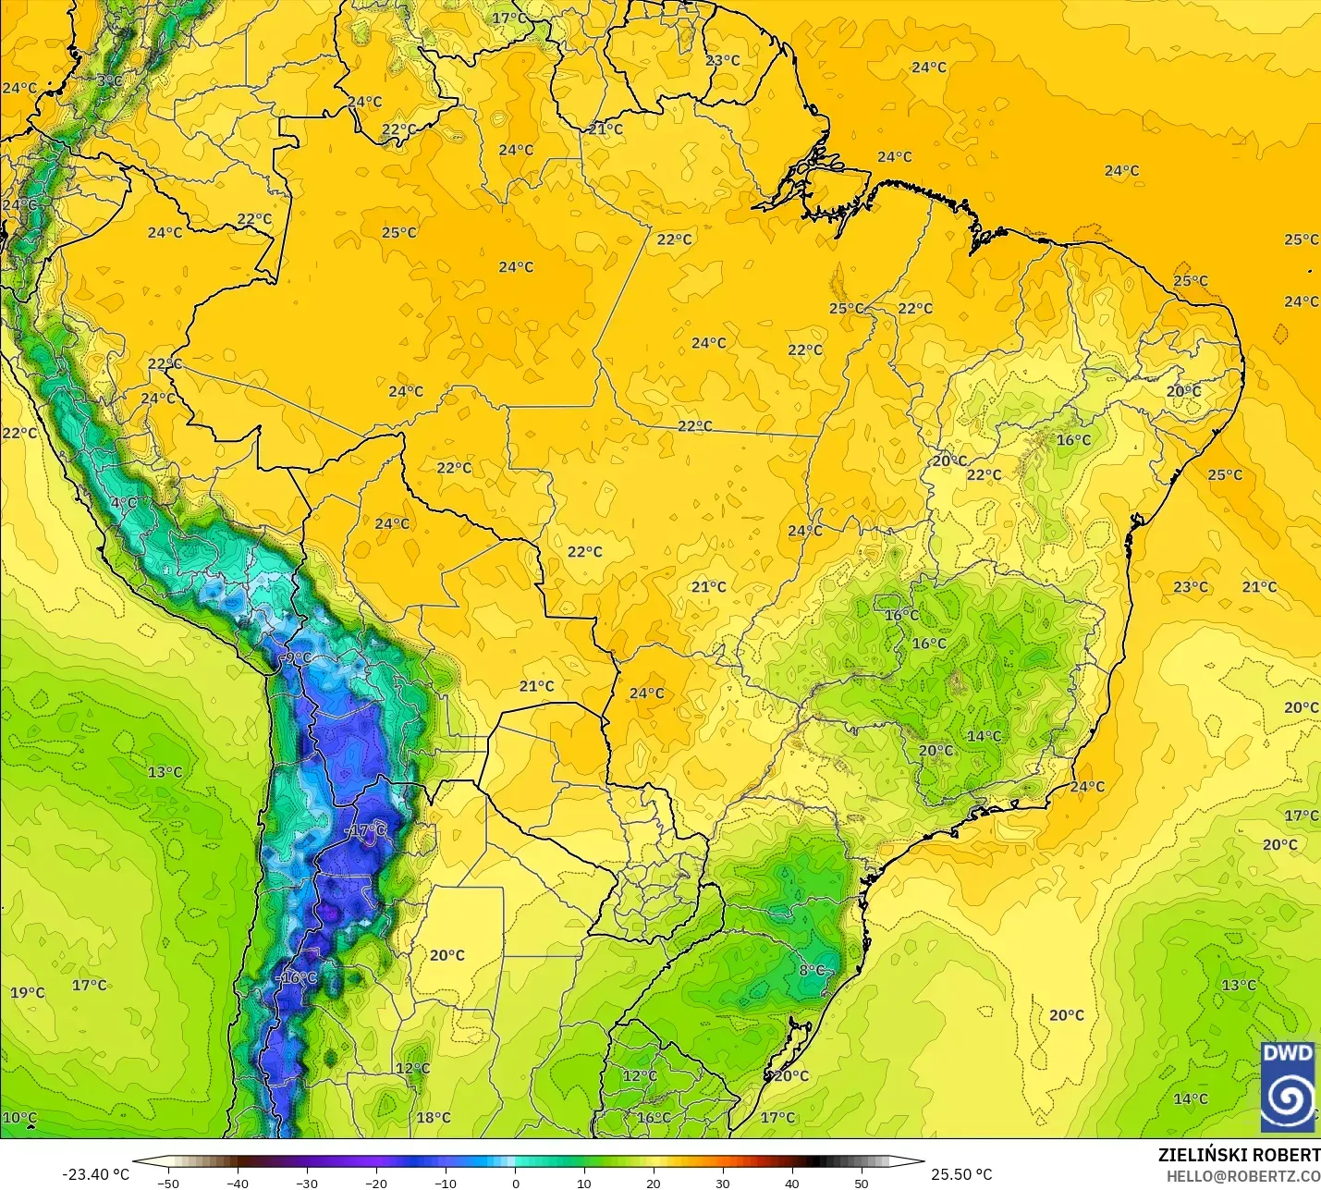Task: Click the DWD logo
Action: point(1288,1086)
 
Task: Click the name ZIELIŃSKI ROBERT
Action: point(1239,1155)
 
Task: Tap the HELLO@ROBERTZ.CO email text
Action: point(1242,1176)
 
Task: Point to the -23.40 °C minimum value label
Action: point(95,1174)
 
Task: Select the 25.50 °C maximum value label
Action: point(961,1174)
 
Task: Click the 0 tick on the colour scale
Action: point(515,1183)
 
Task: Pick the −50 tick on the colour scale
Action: point(168,1183)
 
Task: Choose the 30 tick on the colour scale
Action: point(723,1183)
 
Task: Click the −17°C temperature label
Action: point(366,831)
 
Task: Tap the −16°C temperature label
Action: point(297,977)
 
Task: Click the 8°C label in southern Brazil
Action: point(812,970)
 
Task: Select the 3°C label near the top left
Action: point(109,80)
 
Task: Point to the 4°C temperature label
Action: point(123,503)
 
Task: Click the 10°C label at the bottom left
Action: point(19,1118)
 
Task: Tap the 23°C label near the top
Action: point(723,60)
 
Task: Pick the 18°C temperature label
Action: point(434,1118)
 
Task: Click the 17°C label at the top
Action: point(509,18)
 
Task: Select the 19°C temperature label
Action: point(28,993)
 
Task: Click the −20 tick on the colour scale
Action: point(376,1183)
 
